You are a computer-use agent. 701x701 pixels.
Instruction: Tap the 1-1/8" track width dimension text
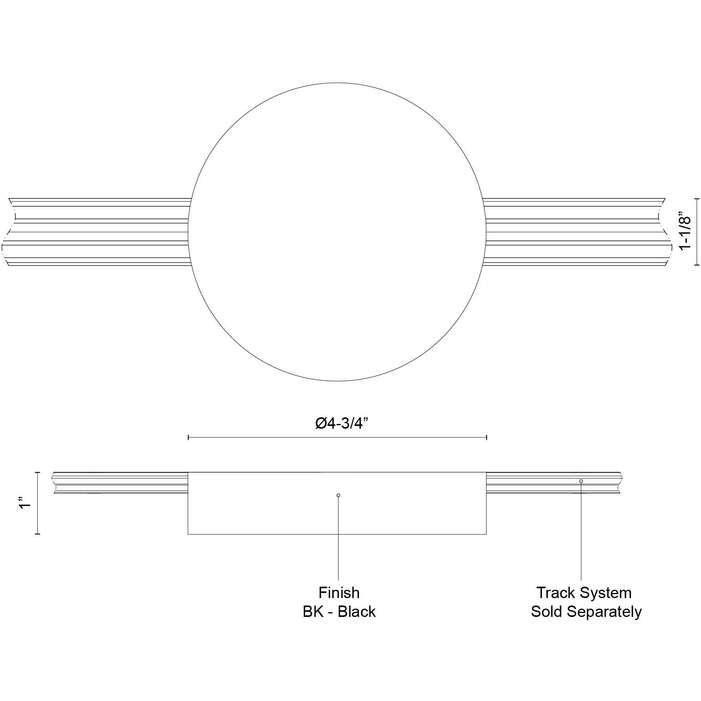point(684,232)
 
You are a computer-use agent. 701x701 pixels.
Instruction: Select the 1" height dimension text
point(26,503)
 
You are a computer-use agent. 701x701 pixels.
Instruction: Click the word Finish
point(339,593)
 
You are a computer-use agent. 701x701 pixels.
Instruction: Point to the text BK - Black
point(339,612)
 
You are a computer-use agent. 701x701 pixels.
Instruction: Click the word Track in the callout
point(555,593)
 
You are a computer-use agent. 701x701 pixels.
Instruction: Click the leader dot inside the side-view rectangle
point(338,495)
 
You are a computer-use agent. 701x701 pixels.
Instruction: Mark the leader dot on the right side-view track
point(581,481)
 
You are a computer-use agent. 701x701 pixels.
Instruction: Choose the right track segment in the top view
point(574,232)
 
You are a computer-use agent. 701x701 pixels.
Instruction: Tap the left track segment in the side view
point(118,483)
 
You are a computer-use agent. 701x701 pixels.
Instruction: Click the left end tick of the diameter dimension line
point(189,437)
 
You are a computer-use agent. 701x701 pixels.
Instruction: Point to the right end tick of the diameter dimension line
point(487,437)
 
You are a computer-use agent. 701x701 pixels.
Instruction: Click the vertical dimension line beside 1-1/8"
point(697,232)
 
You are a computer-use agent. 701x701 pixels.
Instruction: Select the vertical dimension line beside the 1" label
point(38,503)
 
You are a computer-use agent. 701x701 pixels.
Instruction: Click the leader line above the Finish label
point(338,542)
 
